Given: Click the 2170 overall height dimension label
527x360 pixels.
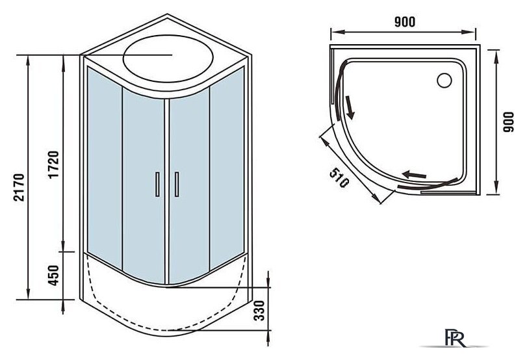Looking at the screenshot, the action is (19, 187).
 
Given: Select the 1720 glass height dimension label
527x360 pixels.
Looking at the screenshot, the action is (53, 164).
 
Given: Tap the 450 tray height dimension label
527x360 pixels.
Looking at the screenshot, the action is (53, 276).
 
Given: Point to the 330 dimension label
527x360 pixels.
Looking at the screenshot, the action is (259, 310).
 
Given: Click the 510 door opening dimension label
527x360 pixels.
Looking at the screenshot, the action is (339, 177).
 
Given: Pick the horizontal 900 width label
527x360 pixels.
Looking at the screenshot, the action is (405, 22).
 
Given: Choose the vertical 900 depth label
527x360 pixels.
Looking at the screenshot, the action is (509, 122).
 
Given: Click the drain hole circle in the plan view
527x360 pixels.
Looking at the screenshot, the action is (444, 81).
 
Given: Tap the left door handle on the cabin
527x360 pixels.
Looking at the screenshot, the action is (157, 184).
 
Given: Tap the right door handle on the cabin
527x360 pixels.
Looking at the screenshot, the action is (177, 184).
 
